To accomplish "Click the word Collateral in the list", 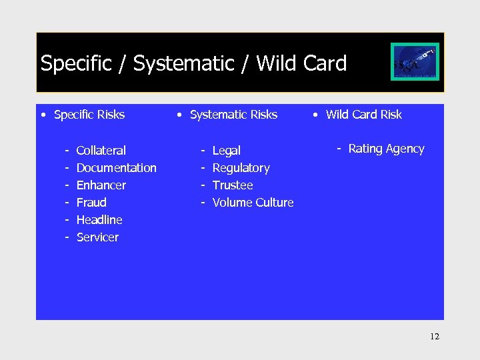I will click(101, 151).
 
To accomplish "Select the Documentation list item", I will click(116, 168).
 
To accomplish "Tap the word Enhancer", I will click(101, 185).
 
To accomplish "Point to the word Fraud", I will click(91, 203).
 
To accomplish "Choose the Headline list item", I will click(99, 220).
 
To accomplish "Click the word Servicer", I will click(97, 237).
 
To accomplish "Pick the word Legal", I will click(226, 151).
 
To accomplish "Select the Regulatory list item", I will click(241, 168).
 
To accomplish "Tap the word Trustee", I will click(233, 185).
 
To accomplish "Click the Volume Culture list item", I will click(253, 203).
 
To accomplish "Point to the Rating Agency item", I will click(386, 149).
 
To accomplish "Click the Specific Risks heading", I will click(89, 115).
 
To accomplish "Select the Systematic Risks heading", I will click(233, 115).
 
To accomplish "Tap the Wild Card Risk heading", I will click(363, 115).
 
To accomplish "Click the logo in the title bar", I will click(415, 62).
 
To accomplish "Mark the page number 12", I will click(435, 337).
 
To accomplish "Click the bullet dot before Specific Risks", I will click(43, 115).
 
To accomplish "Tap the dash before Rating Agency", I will click(339, 149).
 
